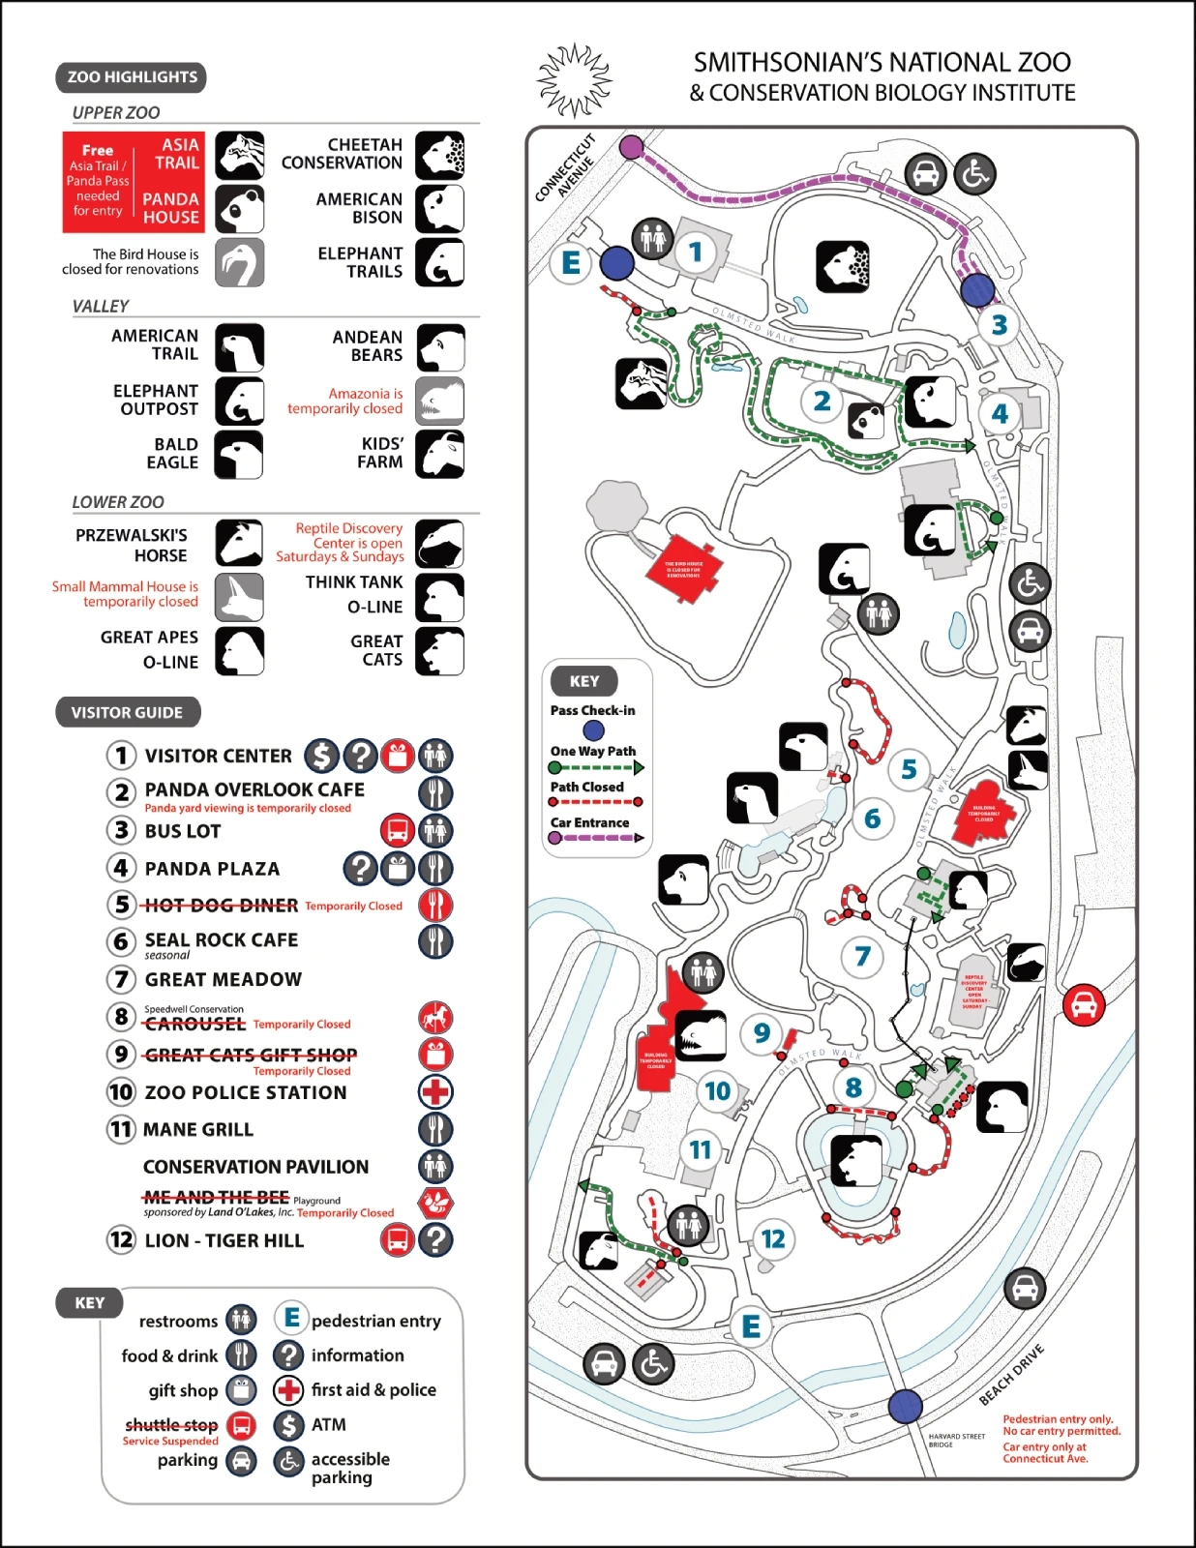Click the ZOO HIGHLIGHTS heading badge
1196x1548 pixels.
click(132, 77)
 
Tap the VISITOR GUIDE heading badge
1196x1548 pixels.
click(127, 712)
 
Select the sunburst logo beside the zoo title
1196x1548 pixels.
click(576, 79)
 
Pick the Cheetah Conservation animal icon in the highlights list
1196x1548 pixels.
click(439, 155)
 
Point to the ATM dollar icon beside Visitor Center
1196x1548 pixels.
click(321, 756)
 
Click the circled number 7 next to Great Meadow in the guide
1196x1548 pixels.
click(121, 979)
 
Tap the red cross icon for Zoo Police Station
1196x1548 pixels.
click(435, 1092)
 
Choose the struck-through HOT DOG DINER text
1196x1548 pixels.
click(221, 906)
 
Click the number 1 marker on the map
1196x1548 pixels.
click(695, 253)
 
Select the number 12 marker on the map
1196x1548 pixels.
click(772, 1239)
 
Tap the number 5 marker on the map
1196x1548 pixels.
click(909, 770)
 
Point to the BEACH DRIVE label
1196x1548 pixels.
click(1012, 1374)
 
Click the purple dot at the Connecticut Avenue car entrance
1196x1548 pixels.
click(631, 147)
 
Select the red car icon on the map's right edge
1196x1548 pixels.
click(1083, 1004)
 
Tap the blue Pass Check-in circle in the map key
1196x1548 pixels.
click(592, 730)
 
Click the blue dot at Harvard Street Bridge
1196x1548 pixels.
click(905, 1406)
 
